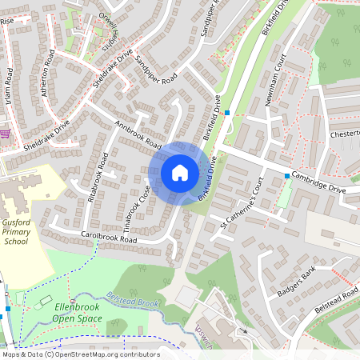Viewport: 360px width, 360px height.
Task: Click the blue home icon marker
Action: coord(179,172)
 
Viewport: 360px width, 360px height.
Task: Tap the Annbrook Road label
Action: coord(138,135)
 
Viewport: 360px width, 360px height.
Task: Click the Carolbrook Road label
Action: coord(110,238)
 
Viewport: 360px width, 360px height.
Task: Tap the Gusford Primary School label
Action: coord(16,230)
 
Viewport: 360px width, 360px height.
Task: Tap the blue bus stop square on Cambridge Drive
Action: coord(286,175)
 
